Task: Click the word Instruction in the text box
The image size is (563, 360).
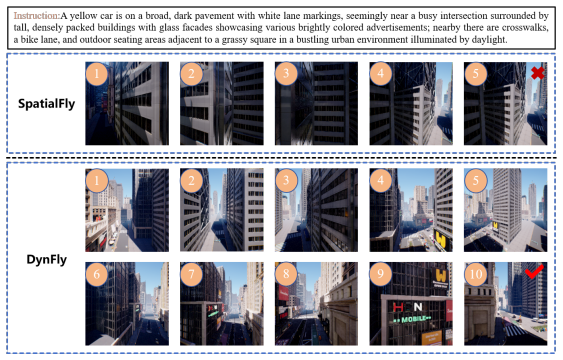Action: pyautogui.click(x=37, y=16)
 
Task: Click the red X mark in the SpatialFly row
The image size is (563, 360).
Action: pyautogui.click(x=538, y=73)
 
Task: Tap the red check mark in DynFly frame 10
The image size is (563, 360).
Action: pyautogui.click(x=534, y=272)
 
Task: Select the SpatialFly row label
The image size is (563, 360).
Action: pyautogui.click(x=47, y=104)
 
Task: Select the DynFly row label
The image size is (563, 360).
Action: pyautogui.click(x=47, y=260)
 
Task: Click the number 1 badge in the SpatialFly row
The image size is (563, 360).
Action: pyautogui.click(x=97, y=74)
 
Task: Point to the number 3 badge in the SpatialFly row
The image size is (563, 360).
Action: pyautogui.click(x=286, y=74)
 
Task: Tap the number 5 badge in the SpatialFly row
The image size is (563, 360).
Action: pyautogui.click(x=475, y=74)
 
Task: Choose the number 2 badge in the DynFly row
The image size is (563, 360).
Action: pyautogui.click(x=191, y=180)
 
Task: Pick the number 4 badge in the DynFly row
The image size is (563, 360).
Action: pyautogui.click(x=381, y=180)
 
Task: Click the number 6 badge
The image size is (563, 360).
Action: pyautogui.click(x=97, y=274)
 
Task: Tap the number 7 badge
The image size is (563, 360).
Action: pyautogui.click(x=191, y=274)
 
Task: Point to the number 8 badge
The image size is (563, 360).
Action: pyautogui.click(x=286, y=274)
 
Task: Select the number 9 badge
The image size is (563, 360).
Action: pyautogui.click(x=381, y=274)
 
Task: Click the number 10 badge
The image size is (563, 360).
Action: pyautogui.click(x=475, y=274)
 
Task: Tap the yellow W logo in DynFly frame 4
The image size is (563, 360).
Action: pyautogui.click(x=441, y=239)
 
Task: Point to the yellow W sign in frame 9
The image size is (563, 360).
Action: pyautogui.click(x=441, y=276)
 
